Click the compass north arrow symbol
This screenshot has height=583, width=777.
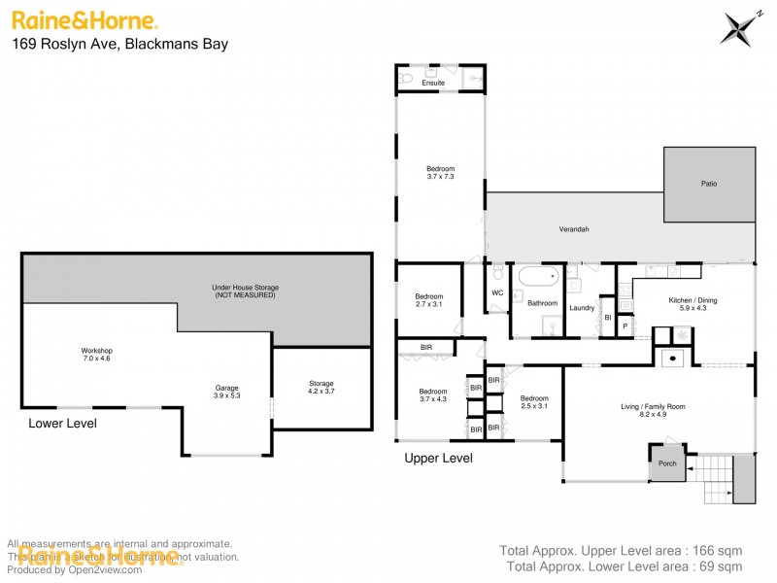739,27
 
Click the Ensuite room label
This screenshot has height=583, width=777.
433,84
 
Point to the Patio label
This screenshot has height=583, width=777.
709,183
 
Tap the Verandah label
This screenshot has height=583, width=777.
573,229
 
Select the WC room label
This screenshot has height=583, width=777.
497,292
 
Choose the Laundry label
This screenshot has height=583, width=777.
582,308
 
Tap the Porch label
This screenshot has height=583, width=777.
667,463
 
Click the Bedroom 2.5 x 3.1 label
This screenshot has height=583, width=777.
534,402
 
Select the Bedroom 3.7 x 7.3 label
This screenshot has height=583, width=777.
441,173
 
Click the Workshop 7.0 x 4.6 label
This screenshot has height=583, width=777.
97,355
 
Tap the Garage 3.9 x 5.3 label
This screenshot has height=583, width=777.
226,392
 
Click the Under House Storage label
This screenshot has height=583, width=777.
244,291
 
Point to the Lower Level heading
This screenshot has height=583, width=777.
62,424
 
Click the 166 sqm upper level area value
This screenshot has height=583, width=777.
720,550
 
